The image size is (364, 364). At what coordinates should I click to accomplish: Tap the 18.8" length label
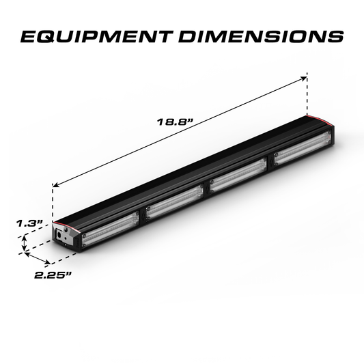pos(176,122)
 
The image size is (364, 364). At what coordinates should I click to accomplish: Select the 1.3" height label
pos(31,223)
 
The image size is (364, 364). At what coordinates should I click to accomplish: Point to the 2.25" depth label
pos(51,275)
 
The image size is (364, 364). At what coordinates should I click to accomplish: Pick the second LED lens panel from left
pos(173,206)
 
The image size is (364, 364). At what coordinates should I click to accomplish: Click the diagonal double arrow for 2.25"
pos(38,258)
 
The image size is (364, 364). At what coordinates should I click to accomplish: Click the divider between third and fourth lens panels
pos(268,166)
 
